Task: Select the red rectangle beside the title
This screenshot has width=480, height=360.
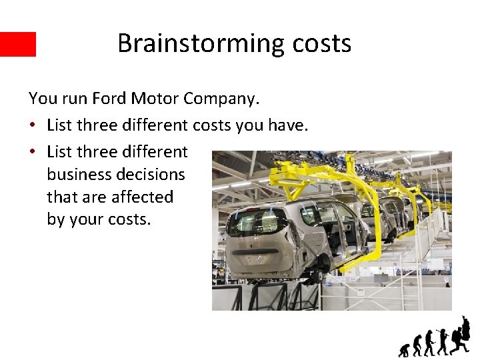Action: click(18, 44)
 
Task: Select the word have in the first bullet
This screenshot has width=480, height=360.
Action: click(288, 125)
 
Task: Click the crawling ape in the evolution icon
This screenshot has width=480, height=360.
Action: click(404, 349)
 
